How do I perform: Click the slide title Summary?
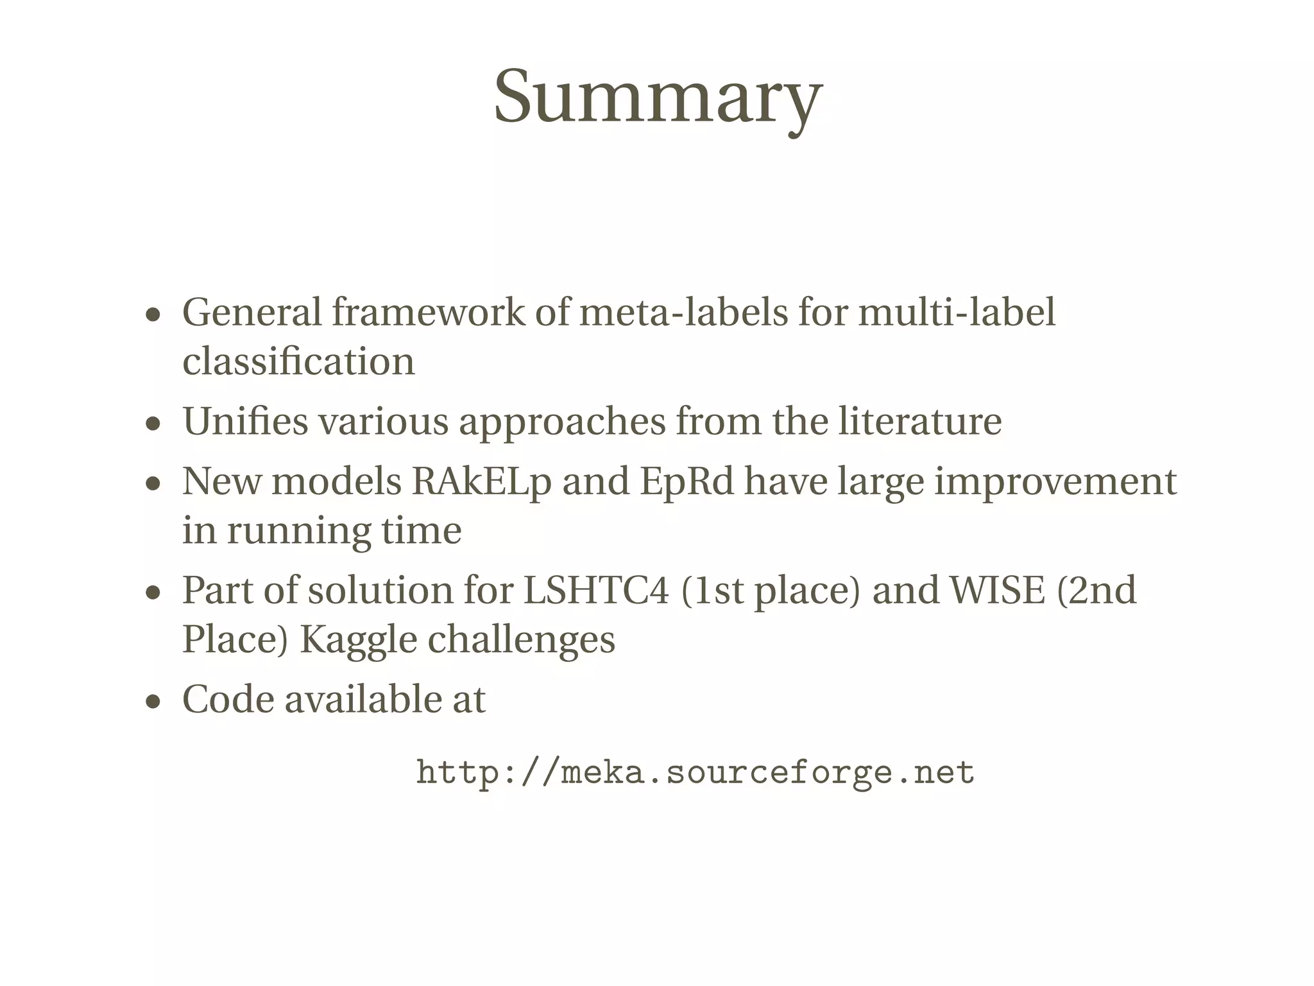(x=658, y=98)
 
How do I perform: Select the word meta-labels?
(x=683, y=313)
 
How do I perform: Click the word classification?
(x=298, y=361)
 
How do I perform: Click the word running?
(x=298, y=532)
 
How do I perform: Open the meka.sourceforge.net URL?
(x=695, y=772)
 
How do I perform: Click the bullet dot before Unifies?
(x=153, y=424)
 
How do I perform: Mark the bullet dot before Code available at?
(x=153, y=702)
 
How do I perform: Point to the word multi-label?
(x=957, y=313)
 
